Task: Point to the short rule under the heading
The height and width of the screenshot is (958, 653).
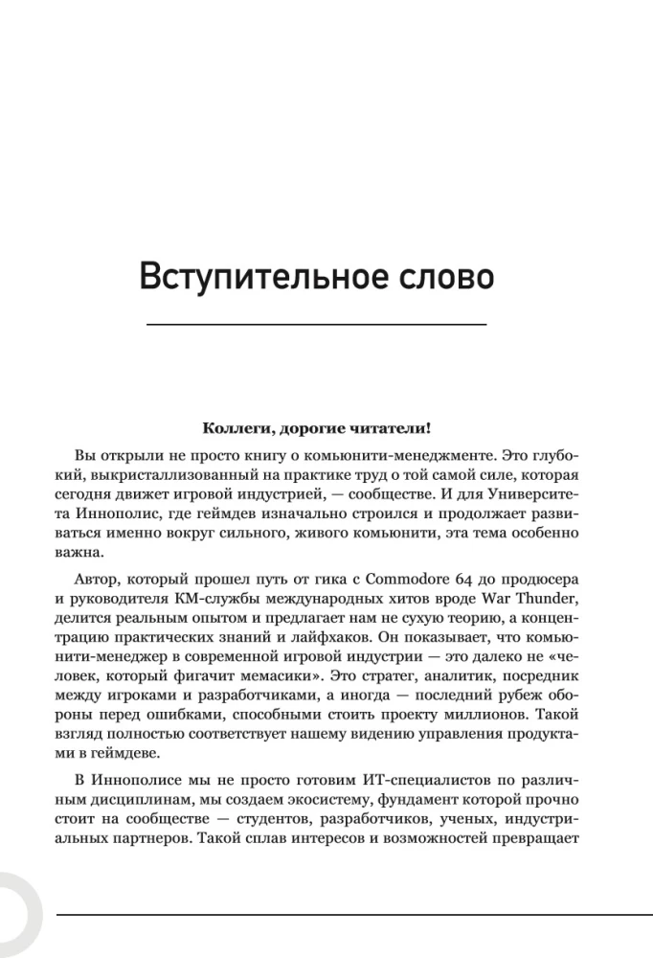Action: click(316, 326)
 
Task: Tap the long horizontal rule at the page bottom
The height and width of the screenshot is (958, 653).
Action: click(354, 914)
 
